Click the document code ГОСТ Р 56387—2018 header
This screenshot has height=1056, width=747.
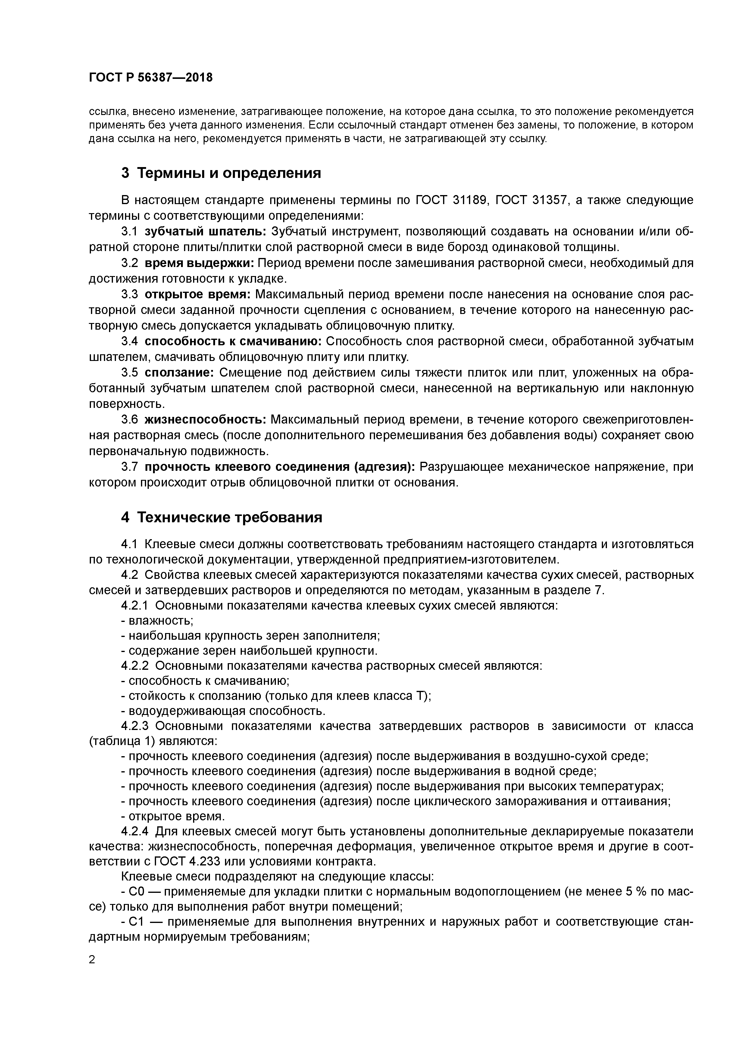coord(151,78)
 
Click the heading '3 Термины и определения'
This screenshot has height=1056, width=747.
coord(221,173)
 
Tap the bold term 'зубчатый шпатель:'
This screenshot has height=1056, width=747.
coord(206,231)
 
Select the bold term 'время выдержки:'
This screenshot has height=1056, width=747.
coord(199,263)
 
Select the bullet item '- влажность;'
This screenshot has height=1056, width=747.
coord(157,621)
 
